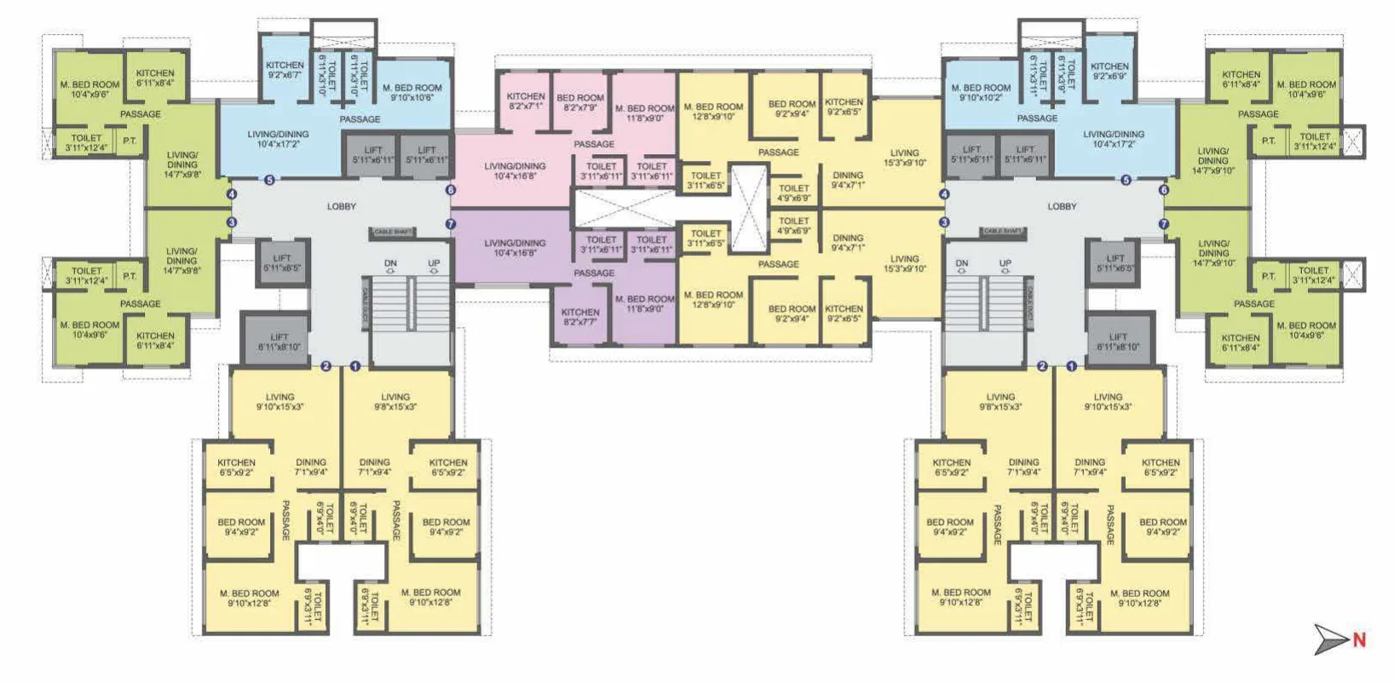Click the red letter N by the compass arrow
(x=1359, y=640)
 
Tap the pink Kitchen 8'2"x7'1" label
(x=526, y=101)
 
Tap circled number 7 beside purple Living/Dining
(x=451, y=225)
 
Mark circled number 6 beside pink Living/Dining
(x=451, y=190)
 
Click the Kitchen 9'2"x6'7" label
(x=285, y=70)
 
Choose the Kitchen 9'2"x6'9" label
(x=1109, y=71)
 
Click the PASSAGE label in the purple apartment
(x=594, y=273)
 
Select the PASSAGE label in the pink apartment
(x=594, y=144)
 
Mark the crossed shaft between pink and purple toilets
(x=625, y=208)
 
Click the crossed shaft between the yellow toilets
(x=748, y=207)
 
